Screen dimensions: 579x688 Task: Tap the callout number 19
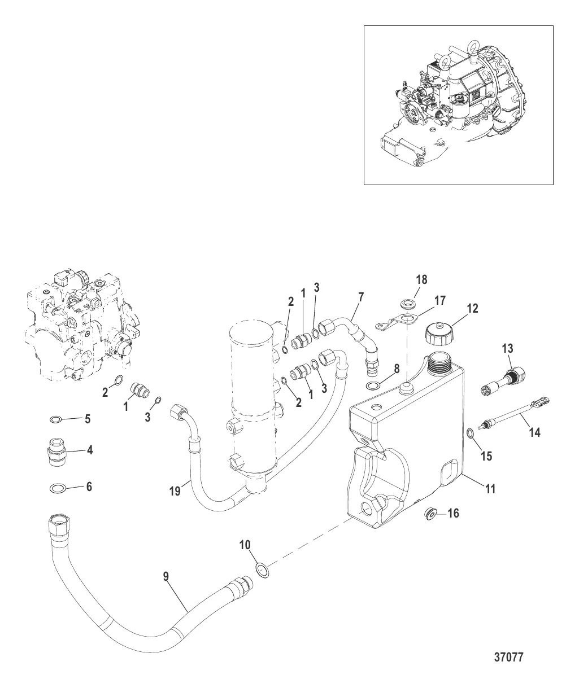pyautogui.click(x=175, y=491)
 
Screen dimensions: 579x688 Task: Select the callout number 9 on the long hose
pyautogui.click(x=166, y=576)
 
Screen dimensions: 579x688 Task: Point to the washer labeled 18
pyautogui.click(x=408, y=303)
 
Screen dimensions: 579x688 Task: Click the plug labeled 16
pyautogui.click(x=431, y=515)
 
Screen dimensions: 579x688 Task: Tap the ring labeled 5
pyautogui.click(x=55, y=420)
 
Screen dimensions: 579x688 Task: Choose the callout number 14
pyautogui.click(x=534, y=432)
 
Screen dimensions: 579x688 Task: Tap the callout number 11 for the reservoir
pyautogui.click(x=491, y=489)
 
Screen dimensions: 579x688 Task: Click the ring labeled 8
pyautogui.click(x=373, y=384)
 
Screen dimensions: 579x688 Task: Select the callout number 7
pyautogui.click(x=361, y=297)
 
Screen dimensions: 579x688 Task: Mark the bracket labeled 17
pyautogui.click(x=398, y=321)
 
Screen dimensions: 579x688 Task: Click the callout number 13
pyautogui.click(x=508, y=348)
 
